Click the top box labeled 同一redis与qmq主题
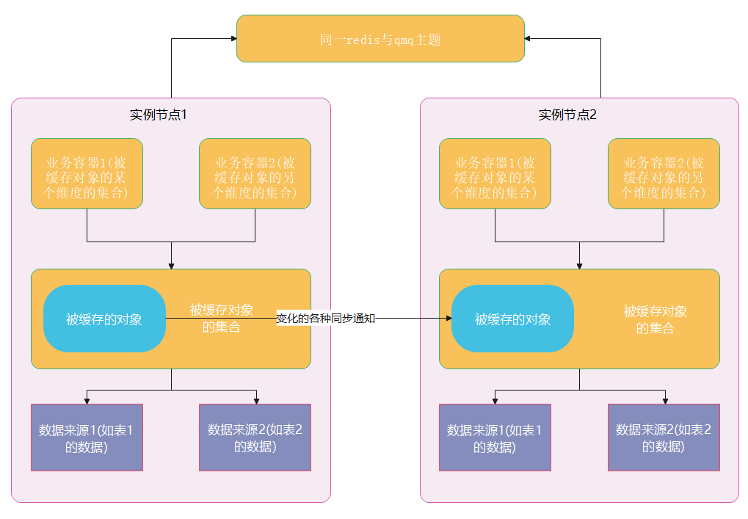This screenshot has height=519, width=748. pyautogui.click(x=380, y=39)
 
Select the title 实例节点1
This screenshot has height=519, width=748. pyautogui.click(x=159, y=115)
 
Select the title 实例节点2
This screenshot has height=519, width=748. pyautogui.click(x=567, y=115)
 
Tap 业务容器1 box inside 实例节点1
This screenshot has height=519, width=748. pyautogui.click(x=87, y=174)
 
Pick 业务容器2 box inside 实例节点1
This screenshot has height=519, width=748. pyautogui.click(x=255, y=174)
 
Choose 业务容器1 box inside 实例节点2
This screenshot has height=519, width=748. pyautogui.click(x=495, y=174)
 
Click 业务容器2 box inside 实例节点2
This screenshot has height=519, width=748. pyautogui.click(x=664, y=174)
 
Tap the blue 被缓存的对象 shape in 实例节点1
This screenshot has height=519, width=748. pyautogui.click(x=104, y=319)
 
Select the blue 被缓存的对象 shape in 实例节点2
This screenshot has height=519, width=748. pyautogui.click(x=512, y=319)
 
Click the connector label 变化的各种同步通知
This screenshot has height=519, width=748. pyautogui.click(x=325, y=319)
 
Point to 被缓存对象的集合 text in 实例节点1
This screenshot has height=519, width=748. pyautogui.click(x=222, y=319)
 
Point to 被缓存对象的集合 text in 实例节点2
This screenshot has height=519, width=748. pyautogui.click(x=655, y=319)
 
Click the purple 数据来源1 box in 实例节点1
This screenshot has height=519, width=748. pyautogui.click(x=87, y=438)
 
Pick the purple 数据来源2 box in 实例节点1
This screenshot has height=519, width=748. pyautogui.click(x=255, y=438)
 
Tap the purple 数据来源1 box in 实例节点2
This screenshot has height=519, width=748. pyautogui.click(x=495, y=438)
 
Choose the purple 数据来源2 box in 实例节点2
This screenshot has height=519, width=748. pyautogui.click(x=664, y=438)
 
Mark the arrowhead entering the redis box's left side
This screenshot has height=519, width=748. pyautogui.click(x=233, y=39)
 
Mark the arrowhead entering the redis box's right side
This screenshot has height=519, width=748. pyautogui.click(x=529, y=39)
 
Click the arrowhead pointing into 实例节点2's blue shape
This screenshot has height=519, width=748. pyautogui.click(x=448, y=319)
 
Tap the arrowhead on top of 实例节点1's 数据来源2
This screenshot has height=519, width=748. pyautogui.click(x=255, y=401)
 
